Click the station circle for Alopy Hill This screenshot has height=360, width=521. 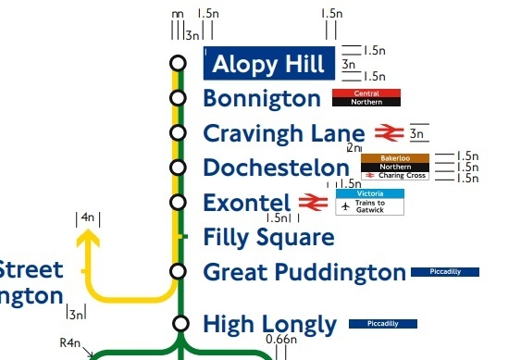[178, 63]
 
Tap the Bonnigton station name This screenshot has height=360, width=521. [260, 98]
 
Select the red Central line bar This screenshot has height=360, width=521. [366, 93]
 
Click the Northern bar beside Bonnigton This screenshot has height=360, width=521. [366, 103]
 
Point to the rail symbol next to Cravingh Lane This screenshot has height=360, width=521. [386, 133]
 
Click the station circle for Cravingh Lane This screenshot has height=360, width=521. [178, 133]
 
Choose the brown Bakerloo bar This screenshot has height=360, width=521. [394, 158]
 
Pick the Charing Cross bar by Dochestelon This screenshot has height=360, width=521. [394, 175]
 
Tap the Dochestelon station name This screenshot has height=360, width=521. [276, 168]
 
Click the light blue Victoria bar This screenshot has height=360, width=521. [369, 193]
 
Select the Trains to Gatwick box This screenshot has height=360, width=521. [369, 207]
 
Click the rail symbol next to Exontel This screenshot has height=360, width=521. [312, 203]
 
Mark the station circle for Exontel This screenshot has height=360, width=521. [178, 202]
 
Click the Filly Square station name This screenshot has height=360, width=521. [268, 238]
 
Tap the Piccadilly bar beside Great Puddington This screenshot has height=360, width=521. [444, 272]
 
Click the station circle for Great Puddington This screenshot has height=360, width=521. [178, 271]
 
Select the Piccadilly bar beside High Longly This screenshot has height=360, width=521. [382, 324]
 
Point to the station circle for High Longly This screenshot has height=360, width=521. [181, 323]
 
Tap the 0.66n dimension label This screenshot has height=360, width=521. [281, 340]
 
